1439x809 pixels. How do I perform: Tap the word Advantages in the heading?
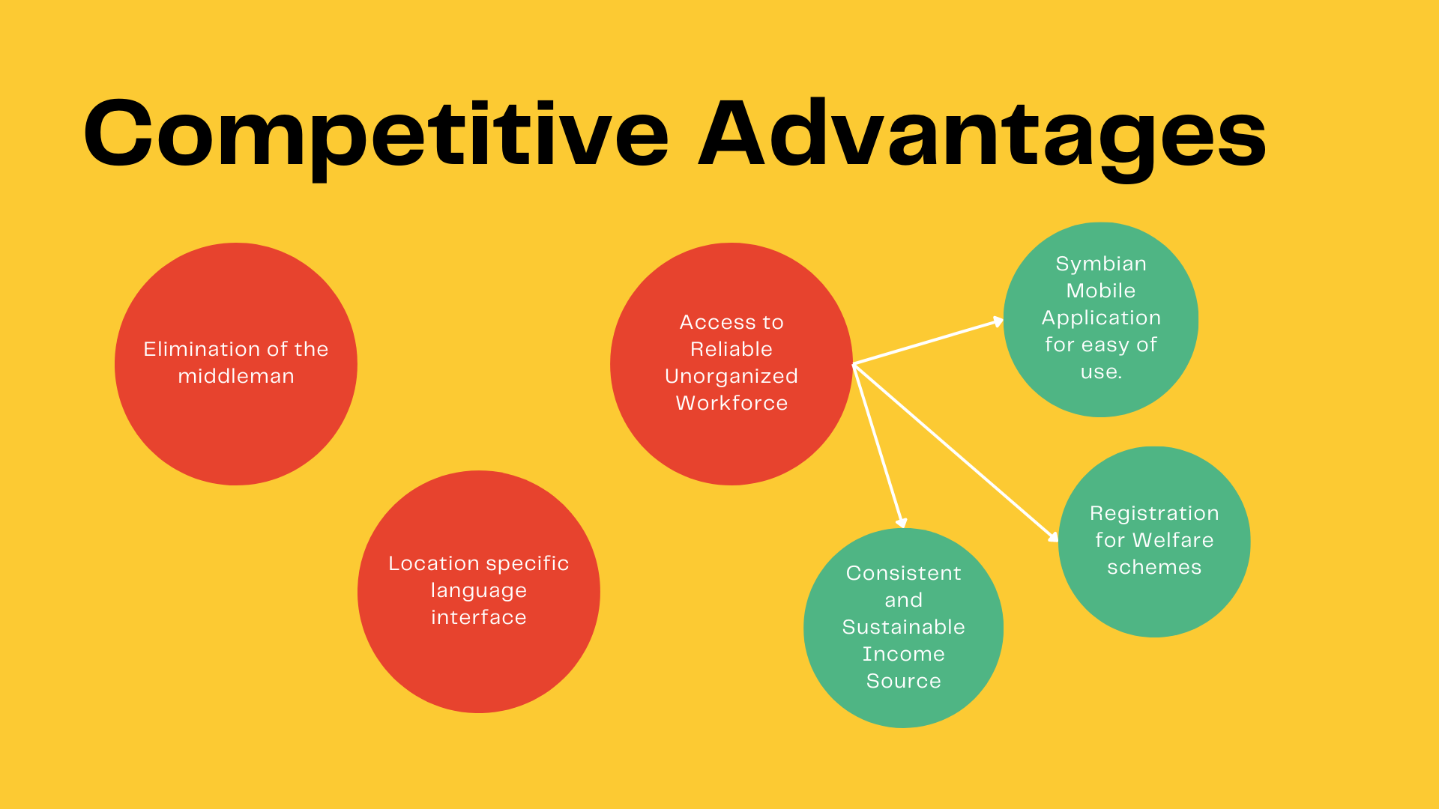click(982, 135)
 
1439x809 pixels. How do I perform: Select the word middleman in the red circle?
click(236, 376)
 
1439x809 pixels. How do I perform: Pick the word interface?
click(479, 617)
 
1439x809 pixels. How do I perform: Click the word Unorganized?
click(731, 376)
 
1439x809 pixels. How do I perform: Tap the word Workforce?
click(731, 403)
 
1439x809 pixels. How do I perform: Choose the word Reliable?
click(731, 349)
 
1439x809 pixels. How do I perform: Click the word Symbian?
click(1101, 264)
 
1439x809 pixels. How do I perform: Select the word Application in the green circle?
click(1101, 318)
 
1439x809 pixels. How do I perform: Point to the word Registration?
click(1154, 513)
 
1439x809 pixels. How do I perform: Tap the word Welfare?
click(1173, 540)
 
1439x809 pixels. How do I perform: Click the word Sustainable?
click(903, 627)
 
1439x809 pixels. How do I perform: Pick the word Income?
click(903, 654)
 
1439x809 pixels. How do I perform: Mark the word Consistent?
click(903, 573)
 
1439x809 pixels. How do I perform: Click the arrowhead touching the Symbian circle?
click(998, 322)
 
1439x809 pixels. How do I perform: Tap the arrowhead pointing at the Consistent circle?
click(902, 522)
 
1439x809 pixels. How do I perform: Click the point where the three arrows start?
click(854, 365)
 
